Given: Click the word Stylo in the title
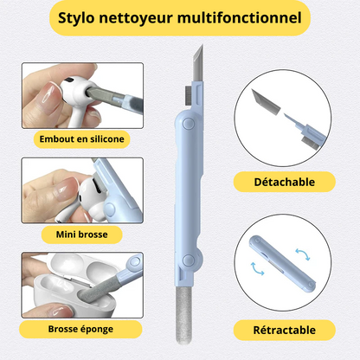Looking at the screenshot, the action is [x=76, y=18].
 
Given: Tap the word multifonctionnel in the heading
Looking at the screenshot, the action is [x=240, y=17].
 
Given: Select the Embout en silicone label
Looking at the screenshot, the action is [x=81, y=139].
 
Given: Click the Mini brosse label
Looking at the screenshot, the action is [x=81, y=235].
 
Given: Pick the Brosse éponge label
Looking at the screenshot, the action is [x=80, y=329].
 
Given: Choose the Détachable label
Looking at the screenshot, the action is [x=285, y=182].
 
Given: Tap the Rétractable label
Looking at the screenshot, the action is [x=285, y=330].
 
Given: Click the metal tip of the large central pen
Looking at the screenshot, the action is [x=198, y=62].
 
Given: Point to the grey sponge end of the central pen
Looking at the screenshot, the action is [x=183, y=315].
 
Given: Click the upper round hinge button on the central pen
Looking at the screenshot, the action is [x=189, y=124].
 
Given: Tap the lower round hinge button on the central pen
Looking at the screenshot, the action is [x=189, y=260].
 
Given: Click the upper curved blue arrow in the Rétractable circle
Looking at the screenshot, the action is [x=303, y=254].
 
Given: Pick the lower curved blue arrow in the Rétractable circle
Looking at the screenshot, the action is [x=257, y=269].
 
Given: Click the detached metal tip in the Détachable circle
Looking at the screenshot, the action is [x=266, y=101].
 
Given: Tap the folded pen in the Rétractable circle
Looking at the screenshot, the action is [x=282, y=264].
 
